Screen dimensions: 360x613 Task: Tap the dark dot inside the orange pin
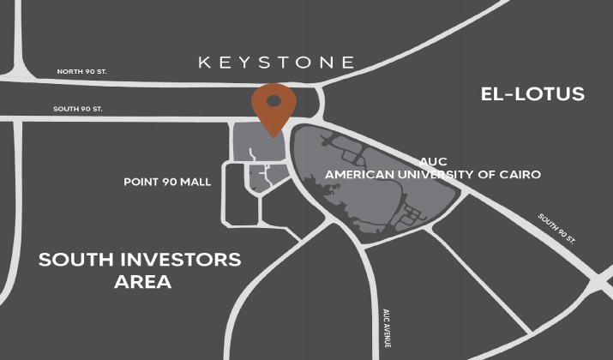pos(273,101)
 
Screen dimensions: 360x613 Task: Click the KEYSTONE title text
pos(276,62)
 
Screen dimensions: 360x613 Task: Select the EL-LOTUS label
pos(532,93)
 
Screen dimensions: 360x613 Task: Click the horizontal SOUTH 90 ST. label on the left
pos(78,109)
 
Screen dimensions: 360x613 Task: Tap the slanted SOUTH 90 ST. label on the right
pos(560,229)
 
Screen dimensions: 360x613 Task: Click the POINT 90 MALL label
pos(167,182)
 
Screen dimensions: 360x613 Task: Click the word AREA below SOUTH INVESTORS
pos(143,281)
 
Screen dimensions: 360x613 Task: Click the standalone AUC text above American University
pos(433,161)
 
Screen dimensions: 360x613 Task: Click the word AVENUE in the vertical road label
pos(387,333)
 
